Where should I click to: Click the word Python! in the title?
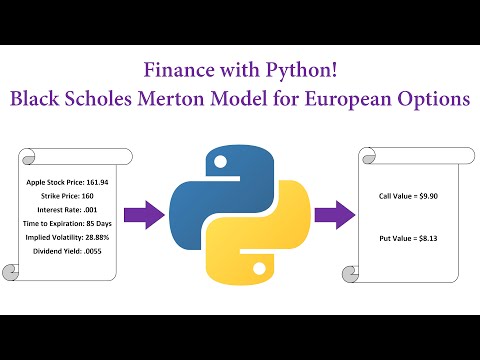[301, 71]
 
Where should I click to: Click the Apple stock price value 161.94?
[97, 182]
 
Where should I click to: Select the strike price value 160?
[87, 196]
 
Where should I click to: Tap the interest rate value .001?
[90, 210]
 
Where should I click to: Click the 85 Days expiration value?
[99, 224]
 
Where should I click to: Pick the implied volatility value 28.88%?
[97, 237]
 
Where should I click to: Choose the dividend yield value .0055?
[93, 251]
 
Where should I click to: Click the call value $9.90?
[428, 196]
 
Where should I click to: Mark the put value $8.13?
[428, 238]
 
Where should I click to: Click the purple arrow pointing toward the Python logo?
[144, 215]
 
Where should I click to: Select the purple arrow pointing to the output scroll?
[335, 215]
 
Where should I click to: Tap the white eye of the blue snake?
[220, 162]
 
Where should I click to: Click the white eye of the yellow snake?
[259, 269]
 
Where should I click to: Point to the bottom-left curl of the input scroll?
[10, 272]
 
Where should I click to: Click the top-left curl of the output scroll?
[369, 156]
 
